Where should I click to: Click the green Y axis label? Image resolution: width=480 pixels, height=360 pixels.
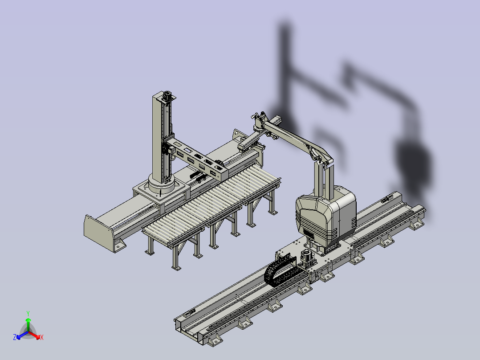point(28,313)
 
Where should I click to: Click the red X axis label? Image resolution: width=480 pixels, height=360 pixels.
point(42,337)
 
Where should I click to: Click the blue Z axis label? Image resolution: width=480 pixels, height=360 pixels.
point(14,337)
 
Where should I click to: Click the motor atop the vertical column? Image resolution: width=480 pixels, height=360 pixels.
point(167,95)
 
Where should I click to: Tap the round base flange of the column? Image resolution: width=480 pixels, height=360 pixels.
point(161,184)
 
